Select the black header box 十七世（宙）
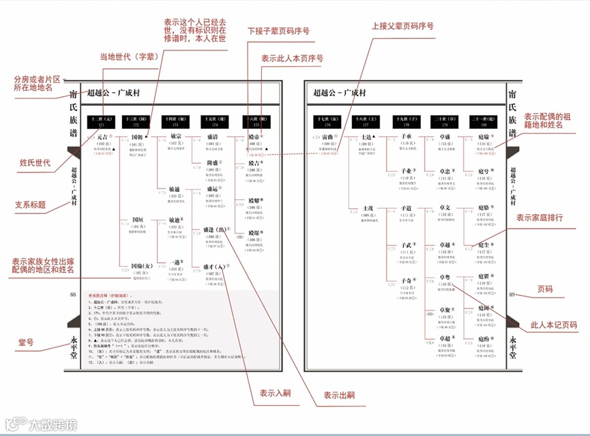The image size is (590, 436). [x=323, y=122]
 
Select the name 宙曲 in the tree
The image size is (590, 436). [x=323, y=137]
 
